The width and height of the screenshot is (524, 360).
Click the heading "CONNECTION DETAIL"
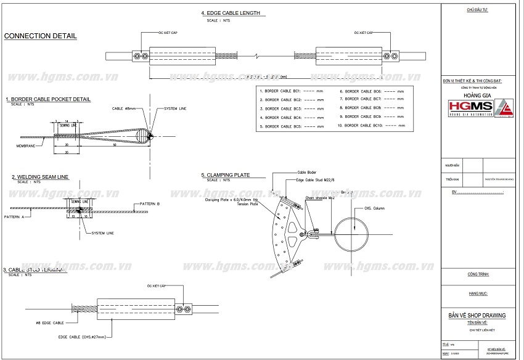click(x=41, y=36)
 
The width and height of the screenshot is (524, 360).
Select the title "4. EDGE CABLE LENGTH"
click(x=231, y=13)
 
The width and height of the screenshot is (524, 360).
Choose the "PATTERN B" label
click(x=149, y=203)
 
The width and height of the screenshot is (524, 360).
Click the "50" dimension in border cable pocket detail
click(x=115, y=145)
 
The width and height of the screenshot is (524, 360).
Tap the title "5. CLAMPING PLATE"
click(x=225, y=175)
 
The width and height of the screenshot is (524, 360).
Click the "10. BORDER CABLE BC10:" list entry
click(x=367, y=125)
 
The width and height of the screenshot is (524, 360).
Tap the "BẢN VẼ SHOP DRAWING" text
click(x=477, y=316)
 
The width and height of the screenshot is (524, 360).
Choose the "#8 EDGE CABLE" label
click(x=49, y=323)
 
